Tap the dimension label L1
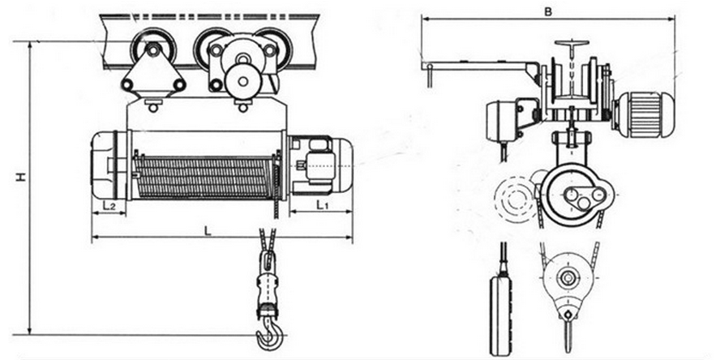(319, 207)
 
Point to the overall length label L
(208, 230)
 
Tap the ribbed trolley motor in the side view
(645, 113)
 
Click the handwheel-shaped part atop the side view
(572, 46)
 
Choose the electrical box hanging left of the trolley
(504, 123)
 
